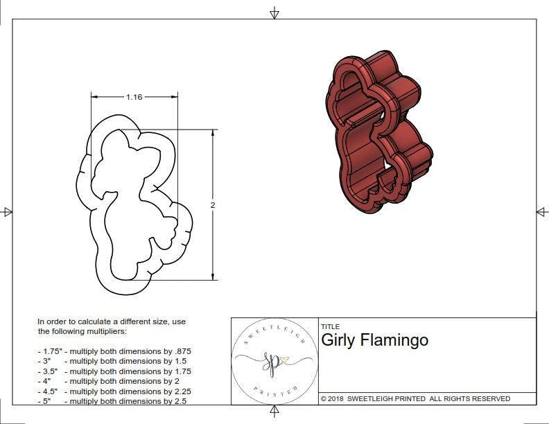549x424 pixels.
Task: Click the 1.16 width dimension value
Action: click(x=134, y=97)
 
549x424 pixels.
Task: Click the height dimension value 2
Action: click(x=213, y=205)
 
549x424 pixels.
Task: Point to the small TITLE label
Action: click(x=330, y=327)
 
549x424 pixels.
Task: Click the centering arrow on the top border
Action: click(x=274, y=12)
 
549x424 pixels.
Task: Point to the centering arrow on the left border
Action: click(x=8, y=212)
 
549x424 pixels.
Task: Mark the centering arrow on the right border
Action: click(x=541, y=212)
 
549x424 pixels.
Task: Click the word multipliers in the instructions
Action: click(x=119, y=331)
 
